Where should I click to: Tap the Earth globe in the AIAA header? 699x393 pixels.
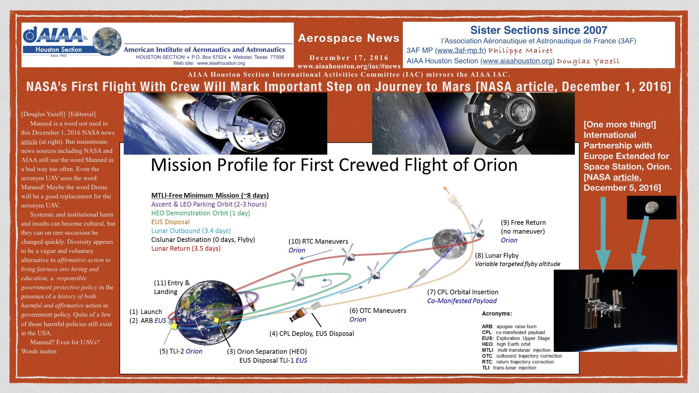[x=107, y=41]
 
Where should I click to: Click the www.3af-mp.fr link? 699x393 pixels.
[x=461, y=51]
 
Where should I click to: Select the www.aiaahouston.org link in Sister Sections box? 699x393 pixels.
[x=517, y=61]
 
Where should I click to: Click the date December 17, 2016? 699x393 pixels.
[x=349, y=58]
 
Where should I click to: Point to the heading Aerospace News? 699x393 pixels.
[x=349, y=38]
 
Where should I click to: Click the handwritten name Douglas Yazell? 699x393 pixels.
[x=588, y=61]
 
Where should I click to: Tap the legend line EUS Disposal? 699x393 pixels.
[x=170, y=222]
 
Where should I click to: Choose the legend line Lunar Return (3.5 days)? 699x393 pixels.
[x=186, y=249]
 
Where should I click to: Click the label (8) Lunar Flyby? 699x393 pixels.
[x=497, y=255]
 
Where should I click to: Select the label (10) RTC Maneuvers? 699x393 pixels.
[x=318, y=241]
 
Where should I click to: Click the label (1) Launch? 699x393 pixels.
[x=146, y=312]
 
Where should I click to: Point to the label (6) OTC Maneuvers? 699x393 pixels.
[x=378, y=311]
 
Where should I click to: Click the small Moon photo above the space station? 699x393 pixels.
[x=651, y=207]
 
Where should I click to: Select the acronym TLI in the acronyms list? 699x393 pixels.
[x=486, y=368]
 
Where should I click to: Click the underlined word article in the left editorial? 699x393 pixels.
[x=29, y=142]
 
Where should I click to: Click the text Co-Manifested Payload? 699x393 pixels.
[x=462, y=301]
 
